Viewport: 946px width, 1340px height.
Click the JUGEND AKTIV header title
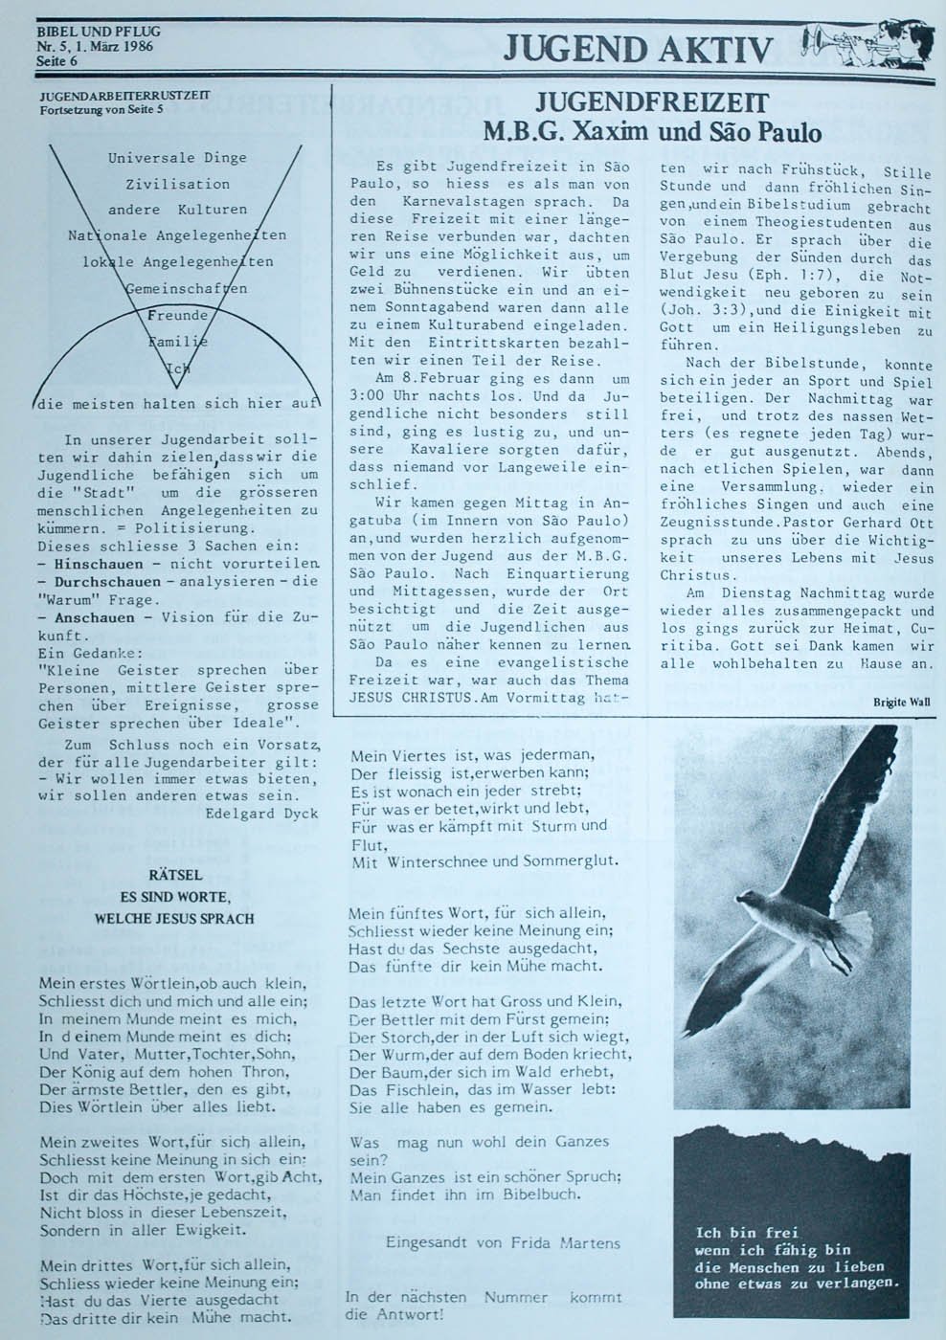pos(638,49)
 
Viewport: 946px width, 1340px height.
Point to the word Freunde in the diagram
pos(177,315)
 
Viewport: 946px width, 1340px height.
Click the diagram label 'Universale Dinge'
pos(177,158)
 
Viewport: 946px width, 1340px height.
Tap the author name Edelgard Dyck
pos(261,813)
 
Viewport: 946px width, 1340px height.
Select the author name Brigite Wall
pos(901,702)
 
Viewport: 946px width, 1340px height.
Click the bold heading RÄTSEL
pos(175,875)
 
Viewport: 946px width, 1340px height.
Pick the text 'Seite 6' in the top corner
pos(56,61)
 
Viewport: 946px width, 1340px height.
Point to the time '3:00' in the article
pos(369,396)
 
